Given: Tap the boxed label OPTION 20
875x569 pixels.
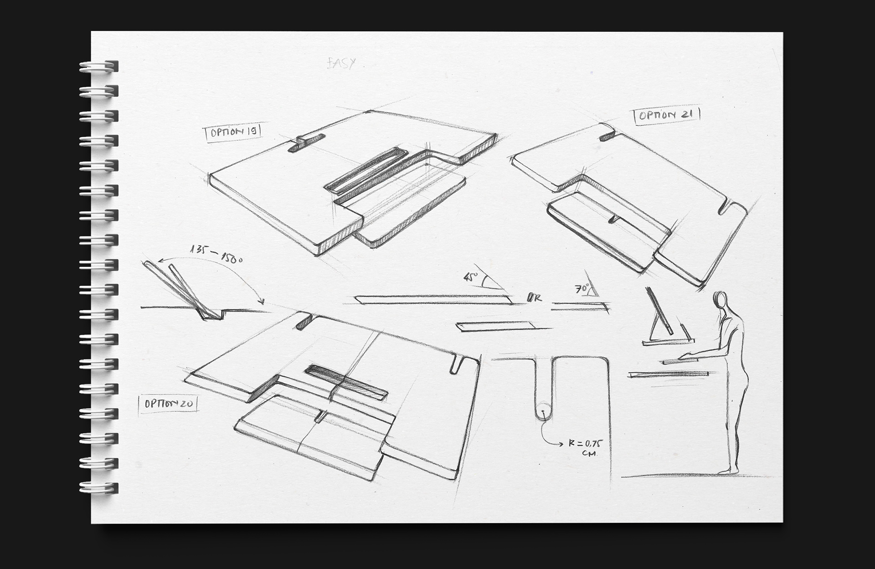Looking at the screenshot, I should pyautogui.click(x=168, y=404).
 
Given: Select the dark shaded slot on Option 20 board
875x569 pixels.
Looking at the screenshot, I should pyautogui.click(x=346, y=380).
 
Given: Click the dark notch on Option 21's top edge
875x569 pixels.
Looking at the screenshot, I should pyautogui.click(x=607, y=136).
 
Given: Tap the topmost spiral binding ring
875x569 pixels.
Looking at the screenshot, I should pyautogui.click(x=98, y=66).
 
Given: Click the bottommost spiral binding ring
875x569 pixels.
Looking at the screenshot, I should pyautogui.click(x=98, y=487).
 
